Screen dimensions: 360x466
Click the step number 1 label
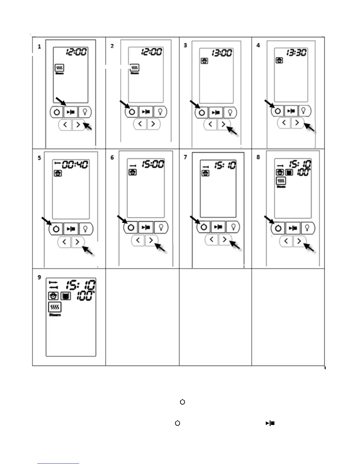[39, 46]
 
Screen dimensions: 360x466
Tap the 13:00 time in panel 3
[222, 53]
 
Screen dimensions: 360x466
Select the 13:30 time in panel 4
[296, 53]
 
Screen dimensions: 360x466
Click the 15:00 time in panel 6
[153, 164]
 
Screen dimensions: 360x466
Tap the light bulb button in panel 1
[85, 112]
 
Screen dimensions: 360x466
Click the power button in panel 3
[202, 113]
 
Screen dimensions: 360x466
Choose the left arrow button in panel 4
[284, 123]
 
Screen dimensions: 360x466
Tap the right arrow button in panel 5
[77, 242]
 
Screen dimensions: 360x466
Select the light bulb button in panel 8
[307, 228]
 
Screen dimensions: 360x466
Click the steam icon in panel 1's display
[59, 68]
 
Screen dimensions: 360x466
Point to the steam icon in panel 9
[55, 307]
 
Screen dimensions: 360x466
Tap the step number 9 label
[39, 277]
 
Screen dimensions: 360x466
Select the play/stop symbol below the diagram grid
[270, 423]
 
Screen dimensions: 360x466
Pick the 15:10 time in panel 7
[225, 165]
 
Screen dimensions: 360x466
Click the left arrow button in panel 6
[138, 240]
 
